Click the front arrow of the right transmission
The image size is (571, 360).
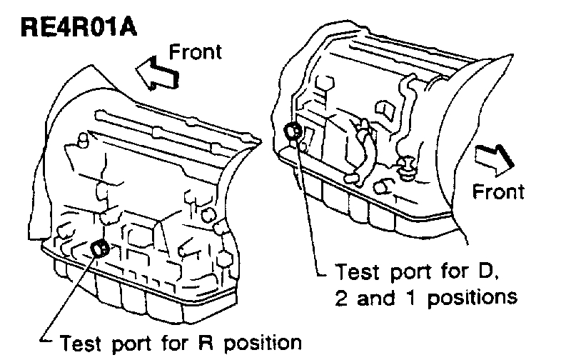(491, 159)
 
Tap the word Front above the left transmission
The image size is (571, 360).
(196, 51)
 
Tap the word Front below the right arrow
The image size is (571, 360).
(499, 191)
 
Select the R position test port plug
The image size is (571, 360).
(101, 249)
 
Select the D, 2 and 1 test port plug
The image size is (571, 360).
(292, 131)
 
